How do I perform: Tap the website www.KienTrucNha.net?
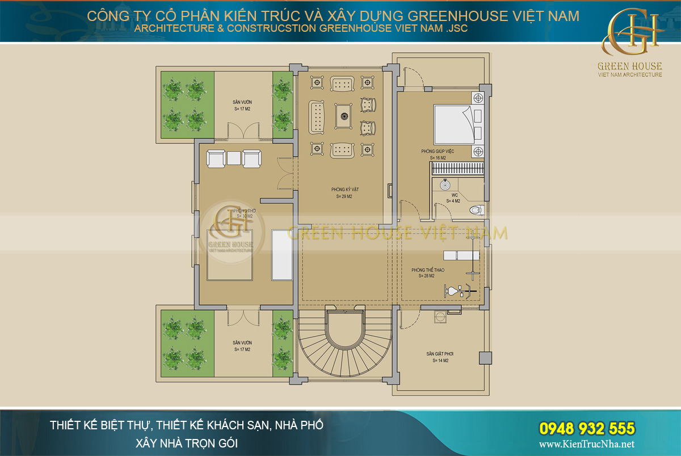coord(586,445)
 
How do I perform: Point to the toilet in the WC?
coord(476,211)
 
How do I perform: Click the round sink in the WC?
coord(444,185)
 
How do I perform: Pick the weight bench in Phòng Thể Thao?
coord(460,256)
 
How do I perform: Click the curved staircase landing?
coord(344,331)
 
